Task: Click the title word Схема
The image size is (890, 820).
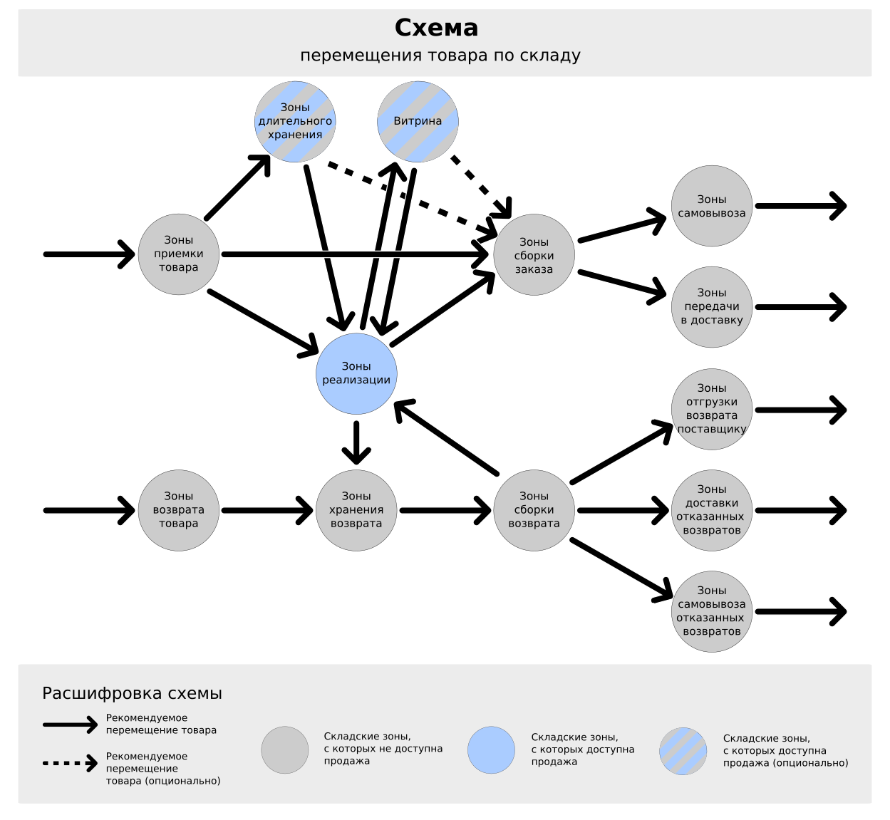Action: point(436,28)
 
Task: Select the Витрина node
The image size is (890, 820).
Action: point(418,122)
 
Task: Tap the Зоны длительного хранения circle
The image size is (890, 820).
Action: point(295,122)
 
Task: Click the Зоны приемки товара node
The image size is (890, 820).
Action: point(178,254)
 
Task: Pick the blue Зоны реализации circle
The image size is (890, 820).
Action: point(356,373)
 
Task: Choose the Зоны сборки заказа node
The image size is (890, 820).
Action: point(534,255)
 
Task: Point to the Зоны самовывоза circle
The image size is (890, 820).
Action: point(712,206)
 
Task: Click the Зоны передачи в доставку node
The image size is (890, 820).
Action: point(712,307)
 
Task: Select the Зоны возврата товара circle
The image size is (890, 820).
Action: point(178,510)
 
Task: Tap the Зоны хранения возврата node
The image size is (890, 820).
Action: point(356,510)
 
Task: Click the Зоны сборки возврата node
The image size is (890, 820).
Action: point(534,510)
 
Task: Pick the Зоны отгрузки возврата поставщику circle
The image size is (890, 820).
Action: point(712,409)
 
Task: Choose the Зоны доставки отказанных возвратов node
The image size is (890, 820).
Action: point(712,510)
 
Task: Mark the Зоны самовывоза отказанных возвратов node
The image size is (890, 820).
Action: point(712,611)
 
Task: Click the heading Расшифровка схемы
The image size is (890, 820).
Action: point(132,693)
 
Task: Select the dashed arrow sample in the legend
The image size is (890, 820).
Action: point(70,763)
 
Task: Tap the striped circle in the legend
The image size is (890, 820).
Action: point(683,751)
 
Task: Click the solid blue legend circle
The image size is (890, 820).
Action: point(491,750)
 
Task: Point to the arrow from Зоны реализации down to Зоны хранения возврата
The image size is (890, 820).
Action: point(356,442)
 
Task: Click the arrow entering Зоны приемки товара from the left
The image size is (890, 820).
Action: point(89,254)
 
